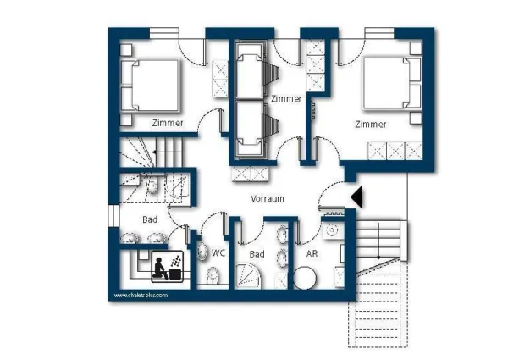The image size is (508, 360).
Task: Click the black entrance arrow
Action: coord(356,197)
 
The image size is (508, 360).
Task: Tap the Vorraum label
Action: coord(267,198)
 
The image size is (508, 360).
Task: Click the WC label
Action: coord(218,252)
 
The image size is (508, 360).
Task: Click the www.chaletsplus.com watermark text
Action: coord(141,296)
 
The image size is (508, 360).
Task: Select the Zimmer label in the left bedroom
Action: coord(168,124)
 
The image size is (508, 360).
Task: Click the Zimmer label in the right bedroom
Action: coord(371,124)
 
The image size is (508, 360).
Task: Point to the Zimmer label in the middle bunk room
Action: coord(286,99)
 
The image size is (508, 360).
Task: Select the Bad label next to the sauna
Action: coord(150,219)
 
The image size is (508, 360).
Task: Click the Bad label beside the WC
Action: coord(257,253)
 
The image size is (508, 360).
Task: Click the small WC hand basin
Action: coord(203,251)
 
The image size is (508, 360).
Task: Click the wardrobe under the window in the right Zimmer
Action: coord(395,152)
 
